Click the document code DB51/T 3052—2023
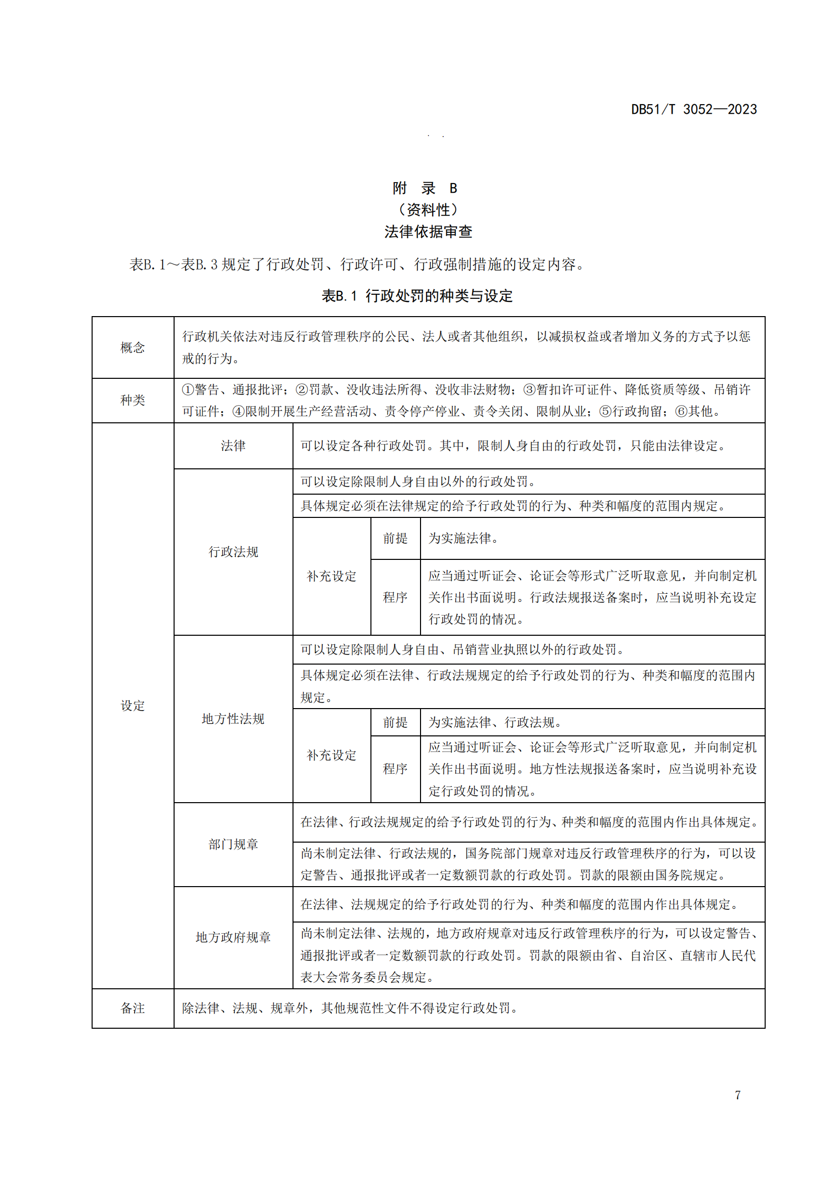tap(694, 109)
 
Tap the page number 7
tap(737, 1095)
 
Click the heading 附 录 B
tap(425, 188)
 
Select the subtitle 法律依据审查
tap(428, 232)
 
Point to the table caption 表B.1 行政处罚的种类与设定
tap(417, 296)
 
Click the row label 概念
tap(133, 347)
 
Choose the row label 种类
tap(133, 401)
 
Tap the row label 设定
tap(133, 706)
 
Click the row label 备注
tap(133, 1008)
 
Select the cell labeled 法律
tap(233, 446)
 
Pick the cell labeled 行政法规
tap(233, 552)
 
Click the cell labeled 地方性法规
tap(233, 719)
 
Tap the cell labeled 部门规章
tap(233, 844)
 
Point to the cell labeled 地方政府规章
tap(233, 937)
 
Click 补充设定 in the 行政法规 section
tap(331, 576)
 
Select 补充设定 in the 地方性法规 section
tap(331, 755)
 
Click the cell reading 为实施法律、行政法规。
tap(494, 722)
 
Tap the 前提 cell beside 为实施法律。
tap(395, 539)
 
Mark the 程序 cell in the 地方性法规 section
tap(395, 769)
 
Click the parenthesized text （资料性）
tap(428, 210)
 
